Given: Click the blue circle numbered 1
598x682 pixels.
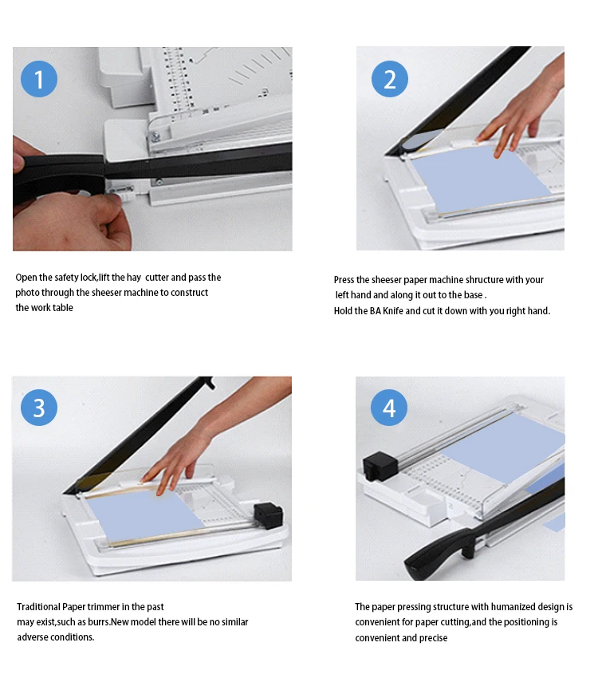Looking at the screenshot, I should [39, 79].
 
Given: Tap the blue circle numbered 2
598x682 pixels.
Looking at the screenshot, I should [389, 79].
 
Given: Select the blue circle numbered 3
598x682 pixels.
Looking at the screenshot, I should [39, 408].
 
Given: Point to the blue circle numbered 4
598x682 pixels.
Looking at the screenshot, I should [389, 408].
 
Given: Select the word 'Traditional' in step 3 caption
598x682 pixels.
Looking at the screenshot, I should [39, 607].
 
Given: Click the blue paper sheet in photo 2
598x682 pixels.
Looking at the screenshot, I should [478, 179].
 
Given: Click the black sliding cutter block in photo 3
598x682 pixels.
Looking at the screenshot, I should [269, 514].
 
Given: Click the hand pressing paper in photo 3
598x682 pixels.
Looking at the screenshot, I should [171, 463].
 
